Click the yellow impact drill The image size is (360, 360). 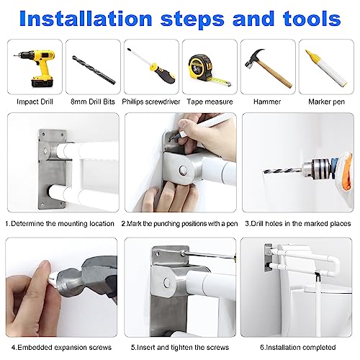(x=38, y=67)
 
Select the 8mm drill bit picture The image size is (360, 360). (x=94, y=70)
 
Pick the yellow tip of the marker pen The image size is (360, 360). (x=309, y=54)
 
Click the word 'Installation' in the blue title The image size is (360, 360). (x=86, y=19)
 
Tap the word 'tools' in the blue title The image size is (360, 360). (x=312, y=19)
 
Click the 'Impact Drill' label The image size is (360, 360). (x=35, y=102)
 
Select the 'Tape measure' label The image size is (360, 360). (x=210, y=102)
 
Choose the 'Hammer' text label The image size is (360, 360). (x=267, y=102)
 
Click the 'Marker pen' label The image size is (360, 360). (x=326, y=102)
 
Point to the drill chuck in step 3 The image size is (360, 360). (x=312, y=168)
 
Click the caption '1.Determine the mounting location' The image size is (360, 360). (x=60, y=224)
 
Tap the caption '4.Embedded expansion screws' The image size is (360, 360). (x=61, y=347)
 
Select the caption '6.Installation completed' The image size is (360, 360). (x=297, y=347)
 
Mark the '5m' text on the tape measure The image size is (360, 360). (x=197, y=69)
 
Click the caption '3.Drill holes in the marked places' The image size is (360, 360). (x=298, y=224)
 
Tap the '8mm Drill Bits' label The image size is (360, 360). (x=93, y=102)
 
